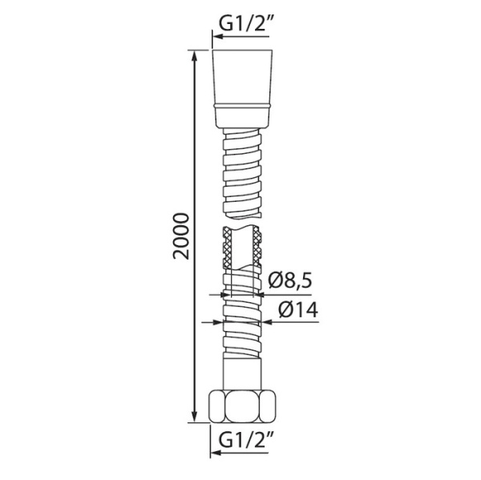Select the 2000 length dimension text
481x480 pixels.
point(183,236)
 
